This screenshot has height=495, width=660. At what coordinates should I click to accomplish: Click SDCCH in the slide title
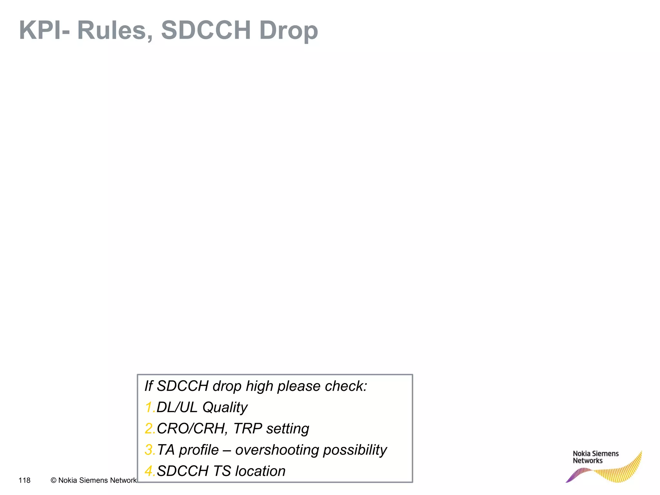coord(206,30)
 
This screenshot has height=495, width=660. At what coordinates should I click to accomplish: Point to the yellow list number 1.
coord(149,407)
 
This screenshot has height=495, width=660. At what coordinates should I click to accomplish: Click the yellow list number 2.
coord(150,429)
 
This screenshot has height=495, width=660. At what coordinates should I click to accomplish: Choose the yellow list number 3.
coord(150,450)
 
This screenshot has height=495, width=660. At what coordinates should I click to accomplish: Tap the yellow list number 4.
coord(150,471)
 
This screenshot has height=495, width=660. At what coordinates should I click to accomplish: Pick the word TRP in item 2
coord(247,429)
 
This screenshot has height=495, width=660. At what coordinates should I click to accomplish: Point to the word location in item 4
coord(260,471)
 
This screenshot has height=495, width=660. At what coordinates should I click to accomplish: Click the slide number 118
coord(24,480)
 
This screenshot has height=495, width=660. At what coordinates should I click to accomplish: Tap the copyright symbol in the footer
coord(53,480)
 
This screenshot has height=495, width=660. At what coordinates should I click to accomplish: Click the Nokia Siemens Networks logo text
coord(595,457)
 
